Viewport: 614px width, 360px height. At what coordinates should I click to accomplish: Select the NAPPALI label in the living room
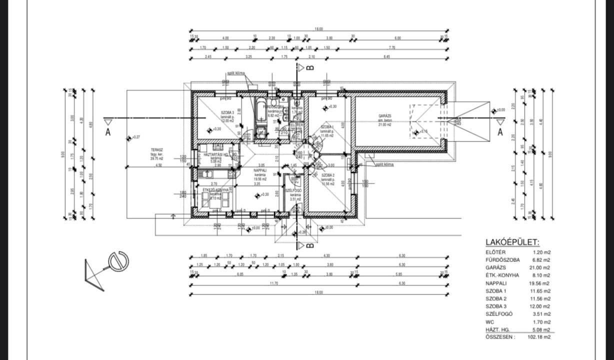pos(259,170)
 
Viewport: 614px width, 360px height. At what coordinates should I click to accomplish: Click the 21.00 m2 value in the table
pos(543,267)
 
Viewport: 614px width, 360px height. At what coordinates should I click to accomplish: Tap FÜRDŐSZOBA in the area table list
pos(502,260)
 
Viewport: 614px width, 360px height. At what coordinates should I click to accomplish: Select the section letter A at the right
pos(499,131)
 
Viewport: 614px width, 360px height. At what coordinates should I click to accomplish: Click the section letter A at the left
pos(107,131)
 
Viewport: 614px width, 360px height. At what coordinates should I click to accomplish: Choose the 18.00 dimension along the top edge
pos(318,29)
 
